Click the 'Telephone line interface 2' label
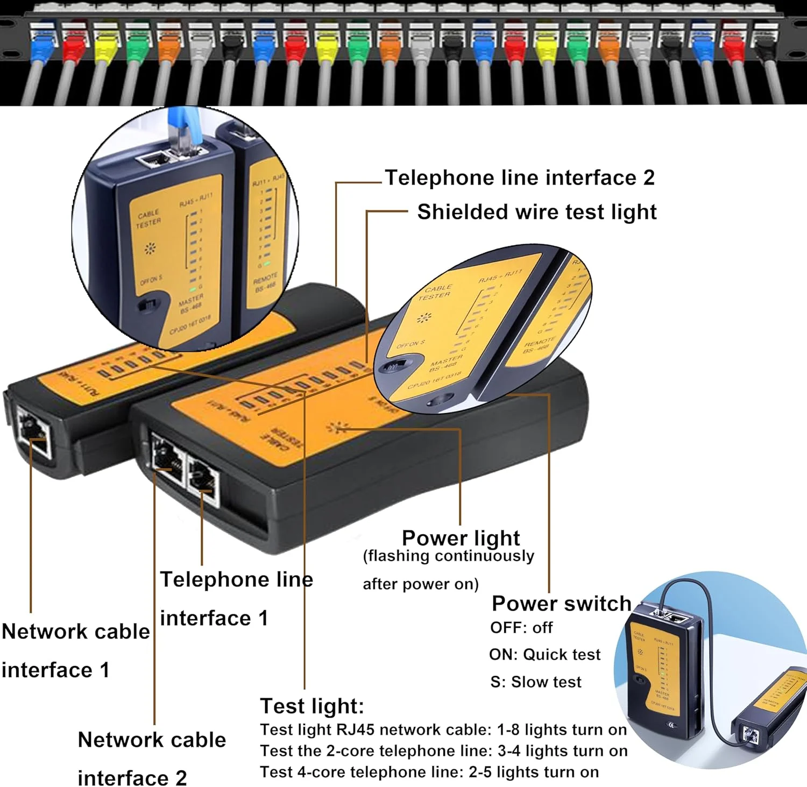click(x=520, y=178)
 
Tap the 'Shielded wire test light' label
click(x=536, y=212)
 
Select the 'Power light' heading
click(x=461, y=537)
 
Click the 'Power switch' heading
click(x=561, y=603)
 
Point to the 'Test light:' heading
click(x=312, y=705)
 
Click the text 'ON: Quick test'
click(x=544, y=654)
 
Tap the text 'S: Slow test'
click(x=536, y=682)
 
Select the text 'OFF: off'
click(x=521, y=627)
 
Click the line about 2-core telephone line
click(x=444, y=750)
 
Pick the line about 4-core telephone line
click(x=429, y=772)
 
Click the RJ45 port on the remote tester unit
click(x=34, y=431)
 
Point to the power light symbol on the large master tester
click(x=337, y=428)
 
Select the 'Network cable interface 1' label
click(x=75, y=650)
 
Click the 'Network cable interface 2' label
click(x=152, y=758)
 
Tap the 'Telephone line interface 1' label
click(x=236, y=598)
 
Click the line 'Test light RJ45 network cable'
click(x=443, y=729)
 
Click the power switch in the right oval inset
click(x=393, y=366)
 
